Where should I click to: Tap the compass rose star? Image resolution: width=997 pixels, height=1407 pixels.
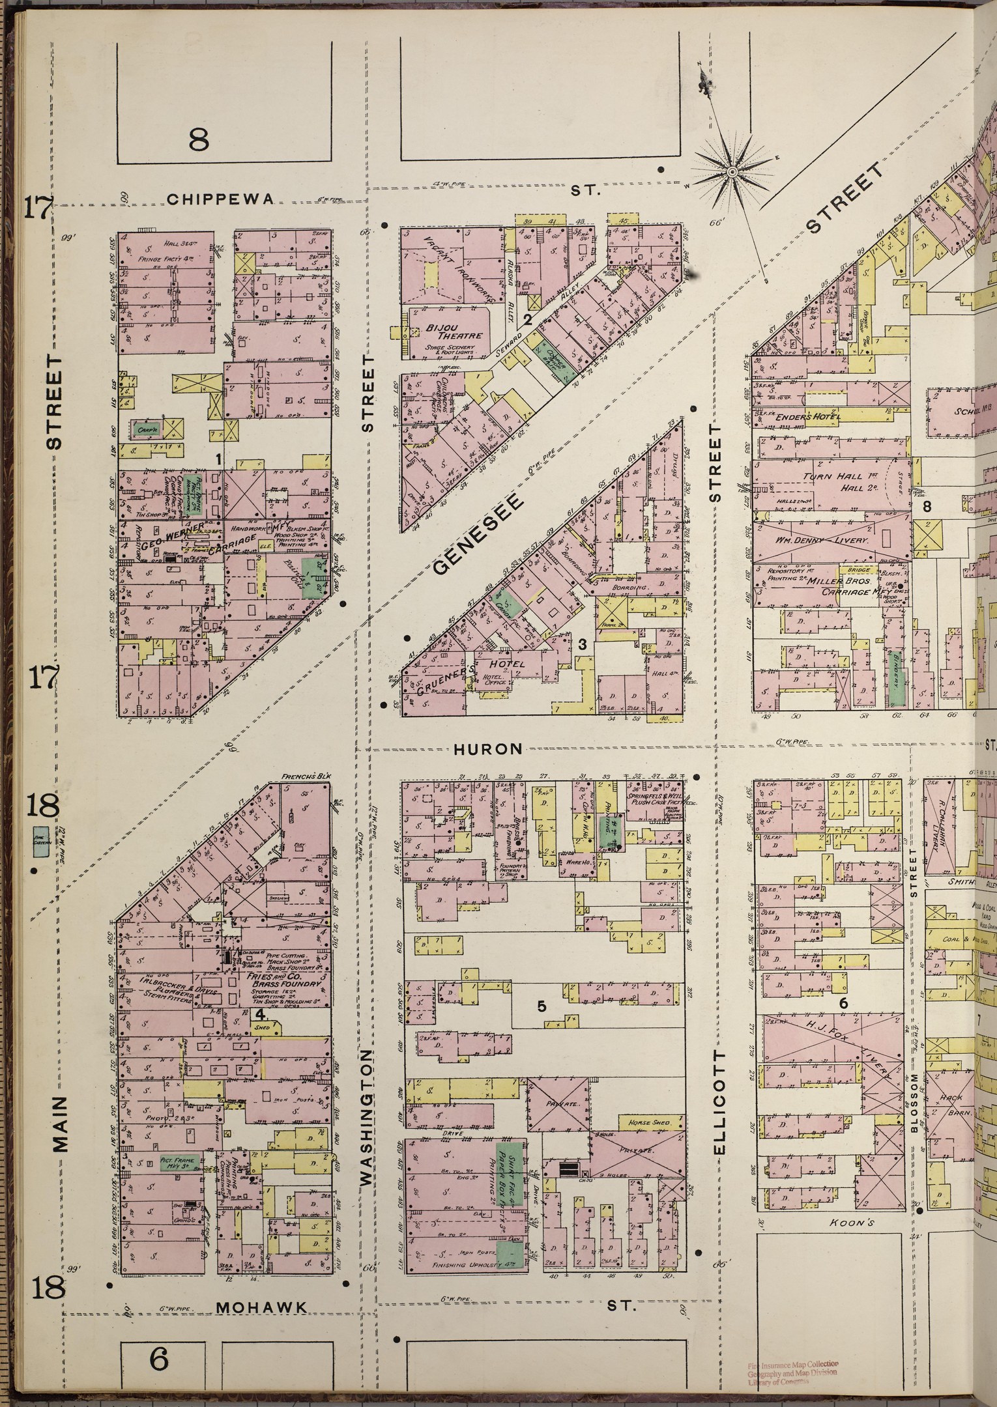tap(731, 171)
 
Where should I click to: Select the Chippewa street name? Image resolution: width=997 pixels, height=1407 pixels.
tap(220, 199)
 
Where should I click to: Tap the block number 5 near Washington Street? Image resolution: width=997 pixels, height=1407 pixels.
tap(542, 1006)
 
